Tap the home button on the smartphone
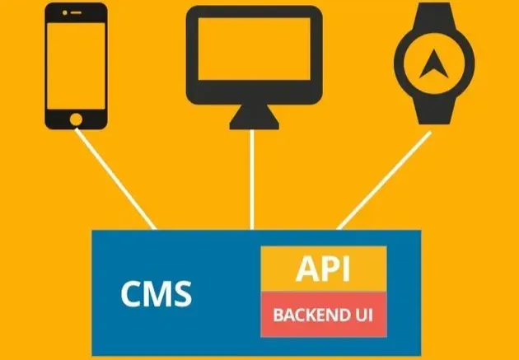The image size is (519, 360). pyautogui.click(x=77, y=119)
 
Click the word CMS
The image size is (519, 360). pyautogui.click(x=157, y=293)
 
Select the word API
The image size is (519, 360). pyautogui.click(x=324, y=269)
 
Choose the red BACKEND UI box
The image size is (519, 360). pyautogui.click(x=324, y=314)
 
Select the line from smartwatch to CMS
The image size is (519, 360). pyautogui.click(x=383, y=180)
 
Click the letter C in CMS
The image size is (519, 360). pyautogui.click(x=132, y=293)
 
